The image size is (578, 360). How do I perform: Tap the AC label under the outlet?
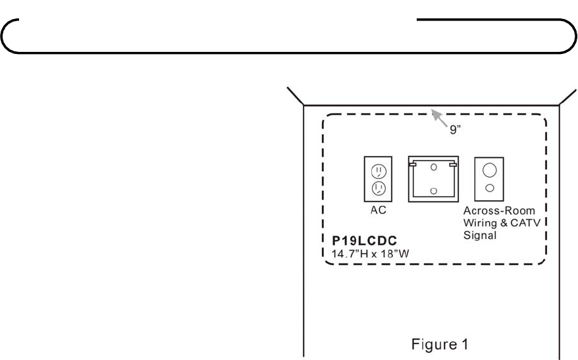[378, 211]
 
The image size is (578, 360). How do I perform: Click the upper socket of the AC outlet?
[378, 172]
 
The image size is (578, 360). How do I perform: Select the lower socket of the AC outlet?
[378, 188]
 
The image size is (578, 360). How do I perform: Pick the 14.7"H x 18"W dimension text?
[366, 251]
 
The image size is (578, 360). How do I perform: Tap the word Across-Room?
[489, 211]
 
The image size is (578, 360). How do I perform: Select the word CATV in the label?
[521, 222]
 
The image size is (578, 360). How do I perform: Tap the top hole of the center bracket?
[433, 167]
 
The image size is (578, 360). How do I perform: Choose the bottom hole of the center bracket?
[433, 190]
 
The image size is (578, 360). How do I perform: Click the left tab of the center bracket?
[412, 165]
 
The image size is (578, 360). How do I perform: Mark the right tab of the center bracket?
[453, 165]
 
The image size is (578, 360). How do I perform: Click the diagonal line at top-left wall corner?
[294, 96]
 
